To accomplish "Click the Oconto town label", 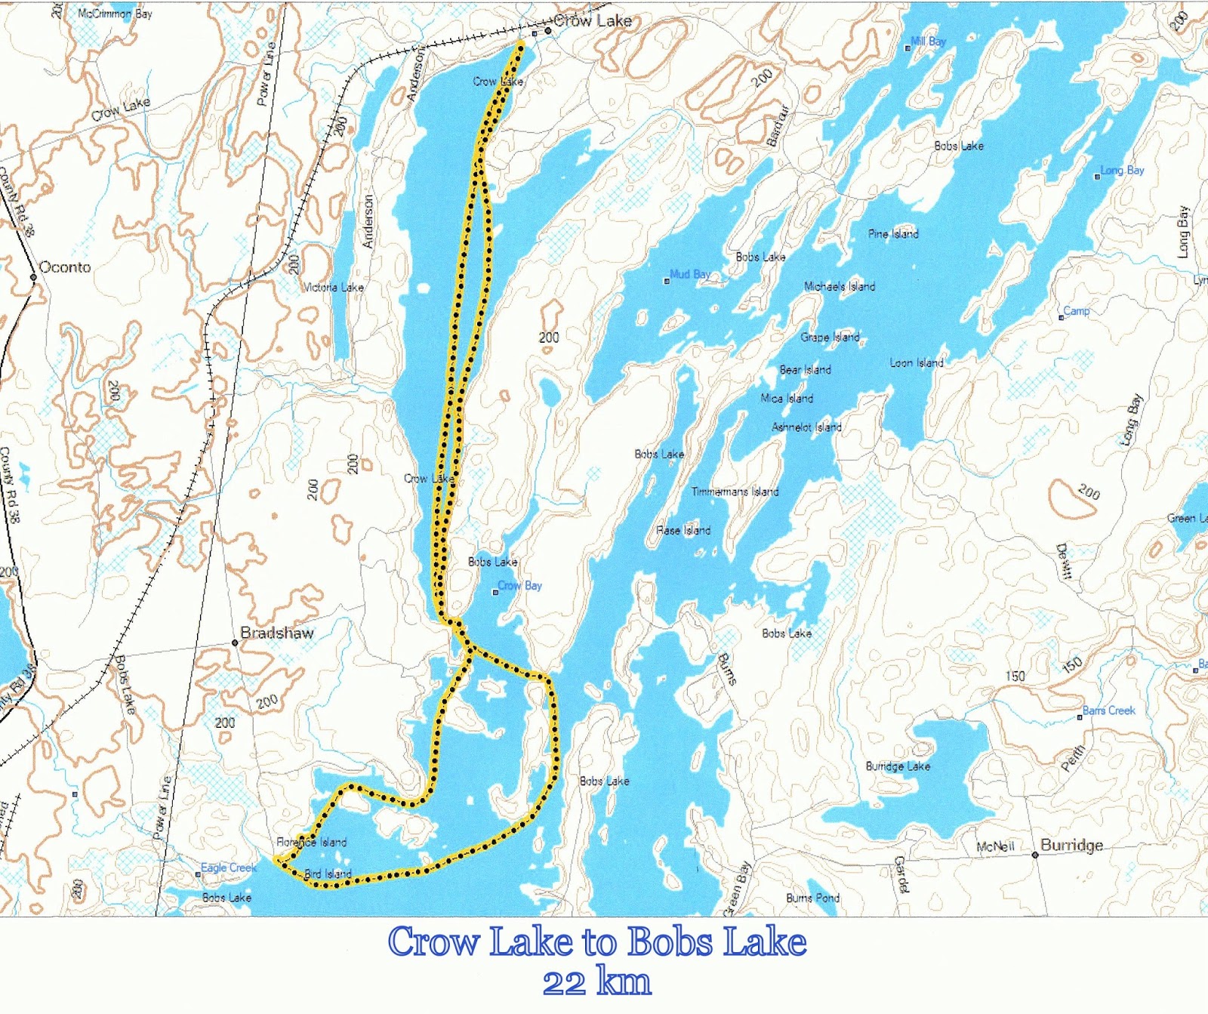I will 65,267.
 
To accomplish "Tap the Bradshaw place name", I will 277,633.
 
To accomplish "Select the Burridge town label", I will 1071,845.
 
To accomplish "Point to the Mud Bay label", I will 690,274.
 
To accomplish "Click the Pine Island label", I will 893,234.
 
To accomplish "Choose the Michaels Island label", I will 840,286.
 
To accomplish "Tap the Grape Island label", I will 830,337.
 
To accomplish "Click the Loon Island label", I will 917,363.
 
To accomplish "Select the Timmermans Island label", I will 735,492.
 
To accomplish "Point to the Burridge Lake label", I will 898,766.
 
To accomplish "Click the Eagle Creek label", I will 229,868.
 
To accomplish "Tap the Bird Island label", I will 328,874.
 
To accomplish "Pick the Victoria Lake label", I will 333,288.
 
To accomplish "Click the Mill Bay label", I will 929,42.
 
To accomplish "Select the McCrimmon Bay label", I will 115,14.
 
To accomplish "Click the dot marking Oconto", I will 33,277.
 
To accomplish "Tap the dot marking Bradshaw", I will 235,643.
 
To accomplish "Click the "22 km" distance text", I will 596,982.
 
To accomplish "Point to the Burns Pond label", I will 812,898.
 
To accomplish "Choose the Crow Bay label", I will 519,586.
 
